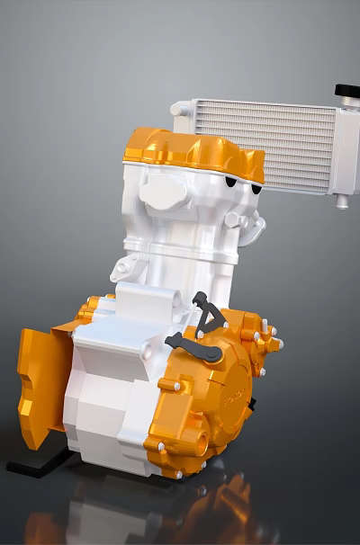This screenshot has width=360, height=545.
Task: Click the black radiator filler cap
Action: (x=347, y=91)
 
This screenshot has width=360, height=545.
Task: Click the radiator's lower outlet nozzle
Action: (x=342, y=201)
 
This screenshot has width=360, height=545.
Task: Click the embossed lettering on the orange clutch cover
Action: (x=237, y=397)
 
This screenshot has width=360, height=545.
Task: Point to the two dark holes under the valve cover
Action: (x=237, y=183)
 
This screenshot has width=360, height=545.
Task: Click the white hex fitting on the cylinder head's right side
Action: (x=237, y=219)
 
